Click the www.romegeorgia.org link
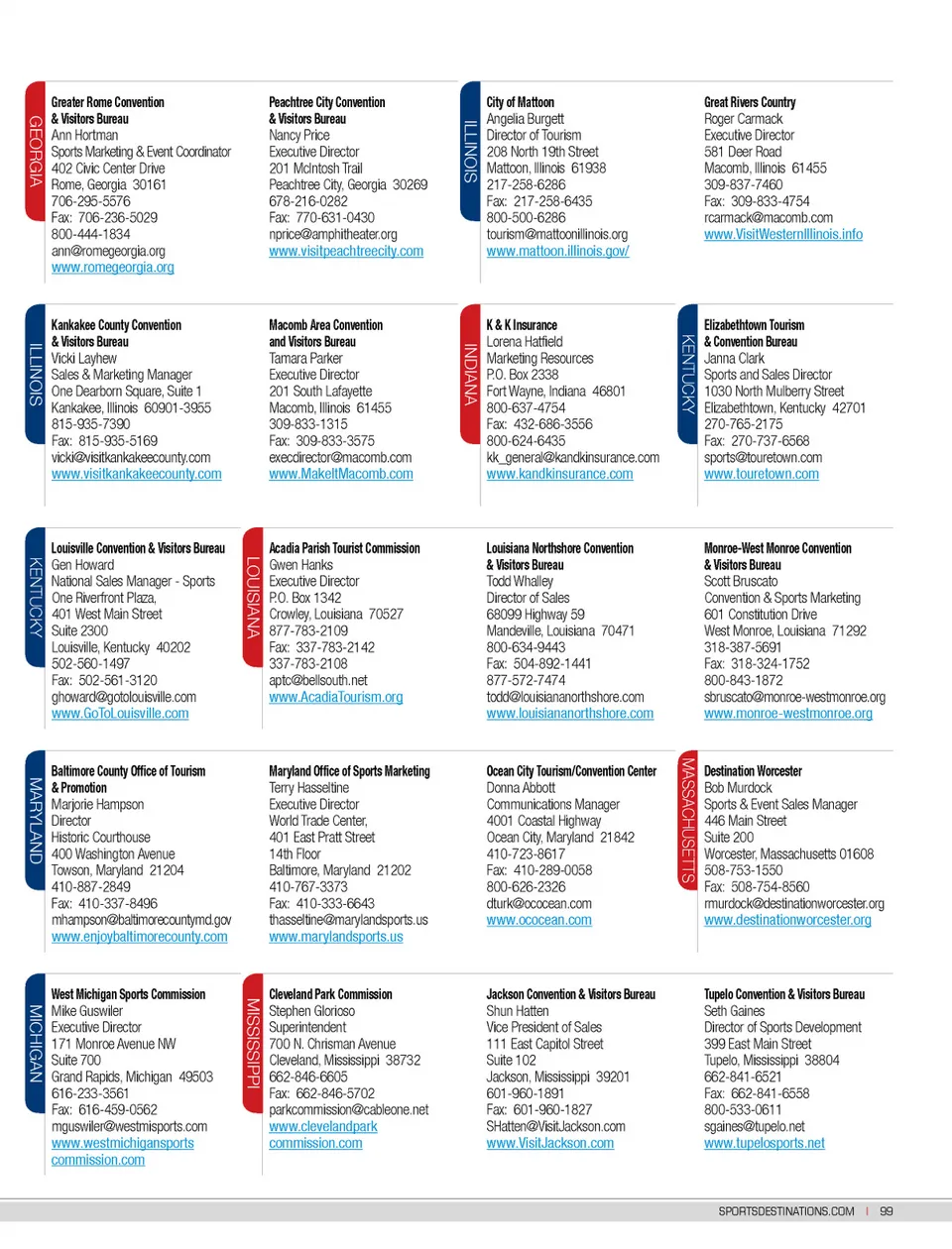[112, 268]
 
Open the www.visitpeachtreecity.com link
[345, 252]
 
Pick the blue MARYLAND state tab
[36, 820]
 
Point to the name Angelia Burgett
[525, 119]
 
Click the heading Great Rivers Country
[750, 102]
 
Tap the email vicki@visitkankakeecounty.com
[131, 458]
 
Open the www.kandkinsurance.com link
[559, 475]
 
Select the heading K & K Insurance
[522, 325]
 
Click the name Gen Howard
[82, 565]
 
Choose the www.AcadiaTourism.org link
[335, 698]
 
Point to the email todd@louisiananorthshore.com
[564, 697]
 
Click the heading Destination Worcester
[753, 771]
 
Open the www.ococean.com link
[538, 921]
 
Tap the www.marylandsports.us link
[335, 937]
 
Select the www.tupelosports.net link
[764, 1144]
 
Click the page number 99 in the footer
[886, 1211]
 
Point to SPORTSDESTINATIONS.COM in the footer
[785, 1211]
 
